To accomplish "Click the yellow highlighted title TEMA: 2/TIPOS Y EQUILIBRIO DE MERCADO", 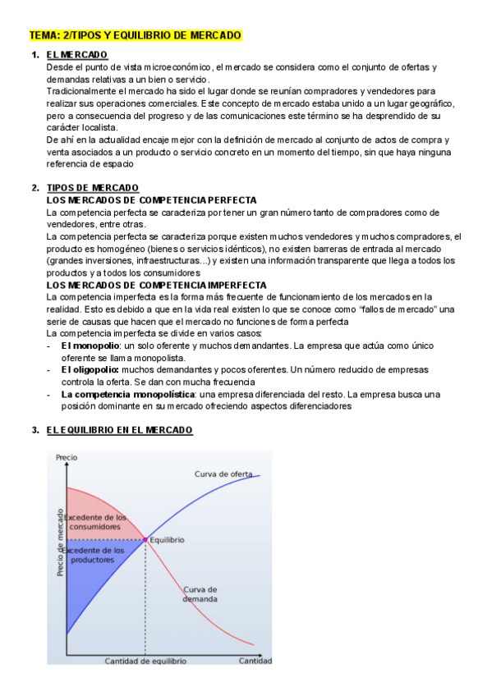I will (x=135, y=36).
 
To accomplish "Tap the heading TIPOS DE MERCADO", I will (x=93, y=188).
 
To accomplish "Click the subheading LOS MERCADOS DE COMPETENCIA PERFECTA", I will (x=152, y=200).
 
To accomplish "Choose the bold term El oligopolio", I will (x=90, y=370).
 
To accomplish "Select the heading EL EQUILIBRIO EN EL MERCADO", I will (x=120, y=430).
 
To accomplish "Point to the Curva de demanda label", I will (x=200, y=594).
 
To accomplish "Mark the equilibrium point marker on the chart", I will (x=145, y=539).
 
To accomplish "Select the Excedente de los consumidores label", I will (x=95, y=522).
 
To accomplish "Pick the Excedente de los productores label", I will (x=93, y=555).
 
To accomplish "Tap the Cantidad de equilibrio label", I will (x=145, y=661).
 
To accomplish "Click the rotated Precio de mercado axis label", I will (x=60, y=543).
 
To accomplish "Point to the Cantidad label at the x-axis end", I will (x=255, y=660).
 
